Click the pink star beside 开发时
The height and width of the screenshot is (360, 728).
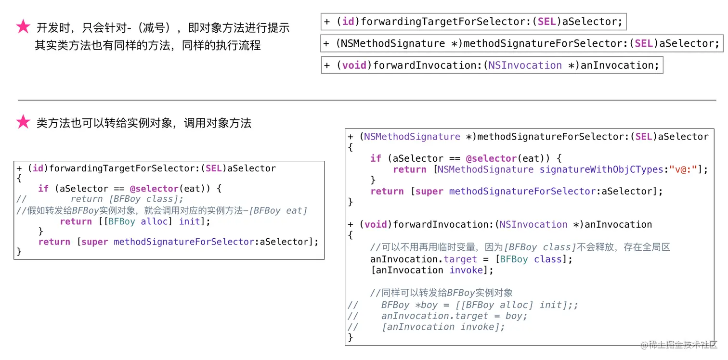23,27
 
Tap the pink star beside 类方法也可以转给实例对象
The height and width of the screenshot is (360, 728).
23,122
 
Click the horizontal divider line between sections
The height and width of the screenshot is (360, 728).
366,100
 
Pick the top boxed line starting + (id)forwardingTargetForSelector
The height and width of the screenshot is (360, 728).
473,22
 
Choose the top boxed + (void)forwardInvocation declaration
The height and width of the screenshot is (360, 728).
492,65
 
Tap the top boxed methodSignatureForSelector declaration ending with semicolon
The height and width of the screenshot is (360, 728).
521,43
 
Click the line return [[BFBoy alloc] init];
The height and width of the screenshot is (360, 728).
135,221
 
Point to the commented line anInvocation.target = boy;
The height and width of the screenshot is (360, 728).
454,316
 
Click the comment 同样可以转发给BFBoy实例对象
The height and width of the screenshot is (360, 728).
441,293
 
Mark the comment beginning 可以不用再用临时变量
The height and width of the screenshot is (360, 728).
520,247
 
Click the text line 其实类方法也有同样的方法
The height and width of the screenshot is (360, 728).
147,46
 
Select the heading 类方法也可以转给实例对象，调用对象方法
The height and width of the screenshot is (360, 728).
143,123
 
